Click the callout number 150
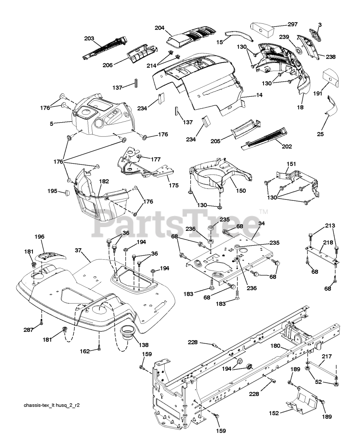point(241,191)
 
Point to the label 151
point(291,163)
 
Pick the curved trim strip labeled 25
point(330,105)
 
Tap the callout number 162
point(85,351)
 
